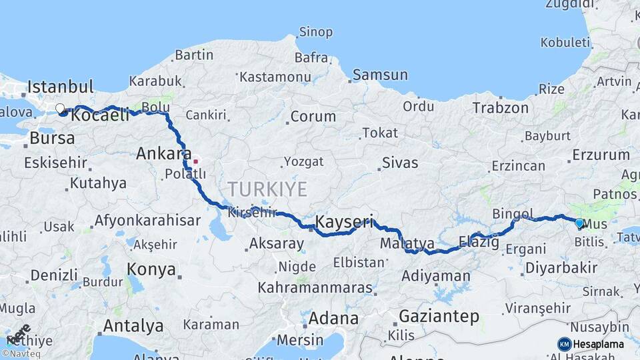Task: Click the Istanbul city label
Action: (60, 87)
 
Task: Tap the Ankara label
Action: (163, 154)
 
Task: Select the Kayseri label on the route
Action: (343, 221)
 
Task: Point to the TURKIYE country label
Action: (267, 189)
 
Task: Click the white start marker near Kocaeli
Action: (60, 108)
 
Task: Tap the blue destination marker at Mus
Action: (579, 223)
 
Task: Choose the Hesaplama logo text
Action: (598, 344)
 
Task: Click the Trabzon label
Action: (500, 107)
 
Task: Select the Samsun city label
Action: (379, 75)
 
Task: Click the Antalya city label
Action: (133, 326)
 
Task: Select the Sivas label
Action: (400, 163)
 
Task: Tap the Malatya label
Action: (407, 244)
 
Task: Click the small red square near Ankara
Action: (195, 161)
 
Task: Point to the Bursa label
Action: (53, 139)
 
